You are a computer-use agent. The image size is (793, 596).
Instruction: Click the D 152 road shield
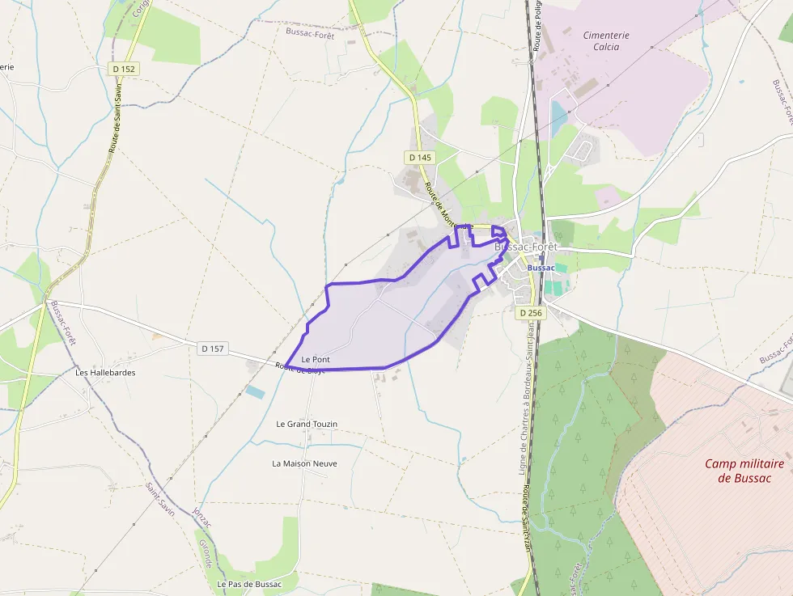[x=125, y=70]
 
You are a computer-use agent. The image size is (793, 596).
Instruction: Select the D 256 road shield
[x=530, y=312]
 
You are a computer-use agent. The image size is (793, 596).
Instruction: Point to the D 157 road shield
[x=212, y=349]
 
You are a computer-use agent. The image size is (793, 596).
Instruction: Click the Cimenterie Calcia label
[x=606, y=40]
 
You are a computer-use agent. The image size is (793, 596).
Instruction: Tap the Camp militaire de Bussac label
[x=744, y=471]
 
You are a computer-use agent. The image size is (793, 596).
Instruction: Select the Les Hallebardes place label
[x=105, y=373]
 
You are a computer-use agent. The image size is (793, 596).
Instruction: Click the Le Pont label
[x=316, y=359]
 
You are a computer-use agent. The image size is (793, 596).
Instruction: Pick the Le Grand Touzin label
[x=307, y=424]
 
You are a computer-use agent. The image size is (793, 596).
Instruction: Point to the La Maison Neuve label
[x=304, y=463]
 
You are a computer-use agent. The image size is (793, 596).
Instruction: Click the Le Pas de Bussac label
[x=249, y=584]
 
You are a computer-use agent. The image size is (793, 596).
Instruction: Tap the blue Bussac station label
[x=541, y=268]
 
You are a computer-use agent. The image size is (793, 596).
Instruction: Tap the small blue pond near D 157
[x=255, y=392]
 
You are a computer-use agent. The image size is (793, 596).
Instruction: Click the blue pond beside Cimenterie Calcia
[x=559, y=117]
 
